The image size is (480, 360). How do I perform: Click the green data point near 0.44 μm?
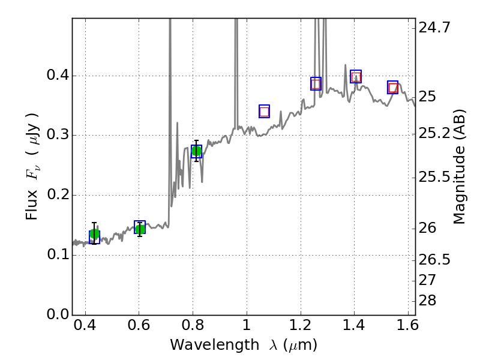94,234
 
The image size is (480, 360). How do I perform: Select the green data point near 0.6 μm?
140,229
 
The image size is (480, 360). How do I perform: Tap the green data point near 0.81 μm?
196,151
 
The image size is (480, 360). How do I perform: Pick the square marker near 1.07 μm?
264,111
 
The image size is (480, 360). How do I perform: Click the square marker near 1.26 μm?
316,83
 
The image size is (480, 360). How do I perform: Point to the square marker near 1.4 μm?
356,76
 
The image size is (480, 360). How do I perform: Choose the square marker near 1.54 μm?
393,88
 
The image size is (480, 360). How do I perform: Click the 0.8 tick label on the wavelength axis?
193,328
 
